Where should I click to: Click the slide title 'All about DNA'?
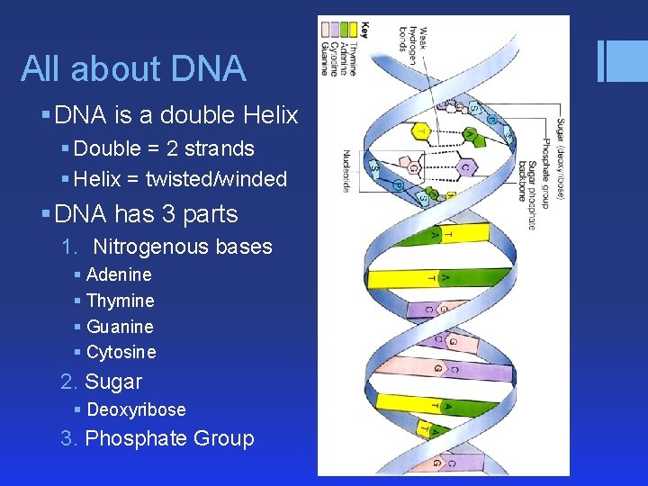tap(133, 68)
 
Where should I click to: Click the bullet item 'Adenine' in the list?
tap(119, 274)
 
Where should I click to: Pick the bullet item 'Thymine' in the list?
tap(120, 301)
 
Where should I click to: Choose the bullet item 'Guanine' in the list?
tap(120, 327)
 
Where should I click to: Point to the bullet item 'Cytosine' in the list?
tap(121, 352)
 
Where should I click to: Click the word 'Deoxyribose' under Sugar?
tap(136, 409)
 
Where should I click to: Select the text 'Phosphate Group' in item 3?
tap(169, 438)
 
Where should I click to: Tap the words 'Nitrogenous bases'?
tap(183, 247)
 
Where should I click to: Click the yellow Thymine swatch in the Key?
tap(352, 30)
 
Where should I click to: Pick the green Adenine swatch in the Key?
tap(343, 30)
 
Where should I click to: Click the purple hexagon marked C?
tap(468, 166)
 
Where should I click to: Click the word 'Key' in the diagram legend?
tap(364, 30)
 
